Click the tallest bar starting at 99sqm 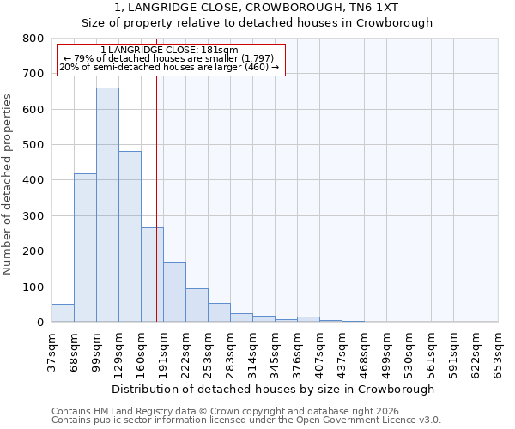click(107, 204)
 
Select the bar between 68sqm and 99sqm click(85, 247)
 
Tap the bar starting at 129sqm click(130, 236)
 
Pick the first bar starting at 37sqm click(63, 312)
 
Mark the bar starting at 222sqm click(197, 305)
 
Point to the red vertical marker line click(156, 197)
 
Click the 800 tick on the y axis click(33, 39)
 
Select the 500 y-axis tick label click(33, 145)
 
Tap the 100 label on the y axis click(33, 287)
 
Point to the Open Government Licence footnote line click(246, 420)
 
